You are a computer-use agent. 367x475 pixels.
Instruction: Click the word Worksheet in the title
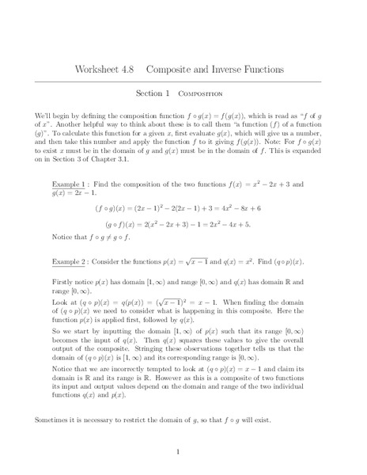click(100, 69)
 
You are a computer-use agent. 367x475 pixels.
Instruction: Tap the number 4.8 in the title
click(135, 69)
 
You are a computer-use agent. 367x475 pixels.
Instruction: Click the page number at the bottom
click(183, 451)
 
